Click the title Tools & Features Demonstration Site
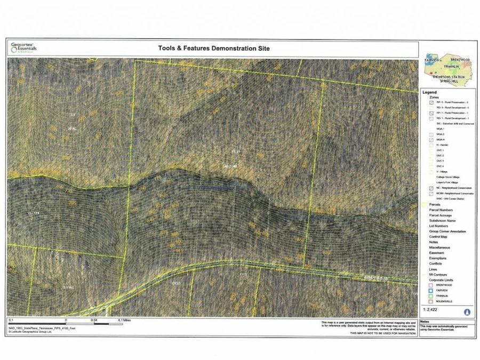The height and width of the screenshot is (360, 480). pos(214,48)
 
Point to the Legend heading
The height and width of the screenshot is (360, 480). pos(429,92)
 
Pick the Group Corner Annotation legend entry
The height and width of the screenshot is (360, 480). pos(447,231)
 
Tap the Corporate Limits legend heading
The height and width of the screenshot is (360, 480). pos(442,279)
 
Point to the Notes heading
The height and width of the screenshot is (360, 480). pos(425,322)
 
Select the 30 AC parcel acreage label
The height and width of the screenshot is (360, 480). pos(72,129)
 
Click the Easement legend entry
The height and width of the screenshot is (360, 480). pos(436,253)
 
